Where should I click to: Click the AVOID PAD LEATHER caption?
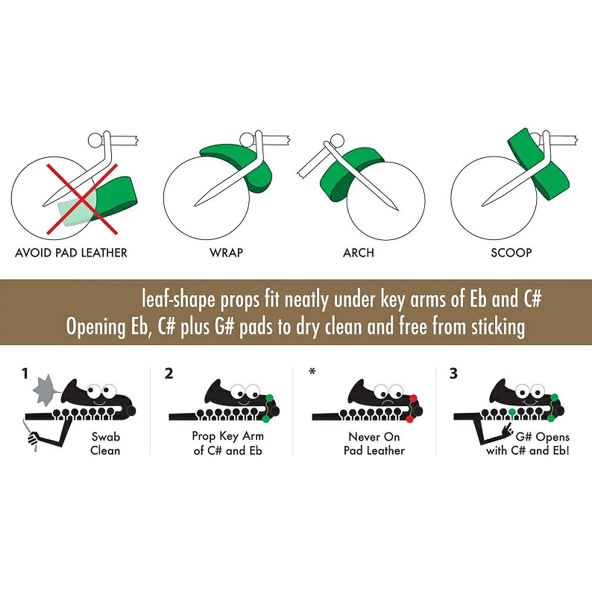point(71,253)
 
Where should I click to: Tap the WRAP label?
point(226,253)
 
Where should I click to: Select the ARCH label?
point(358,253)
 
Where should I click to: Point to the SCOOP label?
point(511,253)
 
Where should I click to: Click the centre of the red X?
point(82,199)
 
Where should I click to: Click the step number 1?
point(25,374)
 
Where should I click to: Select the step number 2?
point(169,374)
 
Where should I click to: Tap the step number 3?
point(453,374)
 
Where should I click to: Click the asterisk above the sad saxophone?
point(312,372)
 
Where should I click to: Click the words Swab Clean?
point(105,443)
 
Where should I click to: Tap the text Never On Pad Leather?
point(374,443)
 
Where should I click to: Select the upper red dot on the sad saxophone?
point(413,398)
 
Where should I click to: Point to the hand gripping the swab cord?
point(33,438)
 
